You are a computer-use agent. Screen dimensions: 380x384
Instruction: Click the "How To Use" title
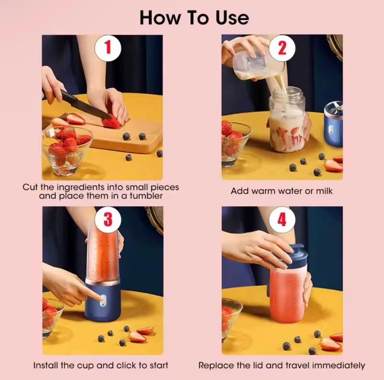click(x=194, y=18)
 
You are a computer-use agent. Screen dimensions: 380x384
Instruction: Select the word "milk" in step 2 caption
click(x=324, y=191)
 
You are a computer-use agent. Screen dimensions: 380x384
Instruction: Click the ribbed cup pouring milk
click(x=253, y=66)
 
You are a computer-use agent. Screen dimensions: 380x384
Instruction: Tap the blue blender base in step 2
click(x=333, y=125)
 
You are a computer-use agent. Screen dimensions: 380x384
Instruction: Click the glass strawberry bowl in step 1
click(x=67, y=150)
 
